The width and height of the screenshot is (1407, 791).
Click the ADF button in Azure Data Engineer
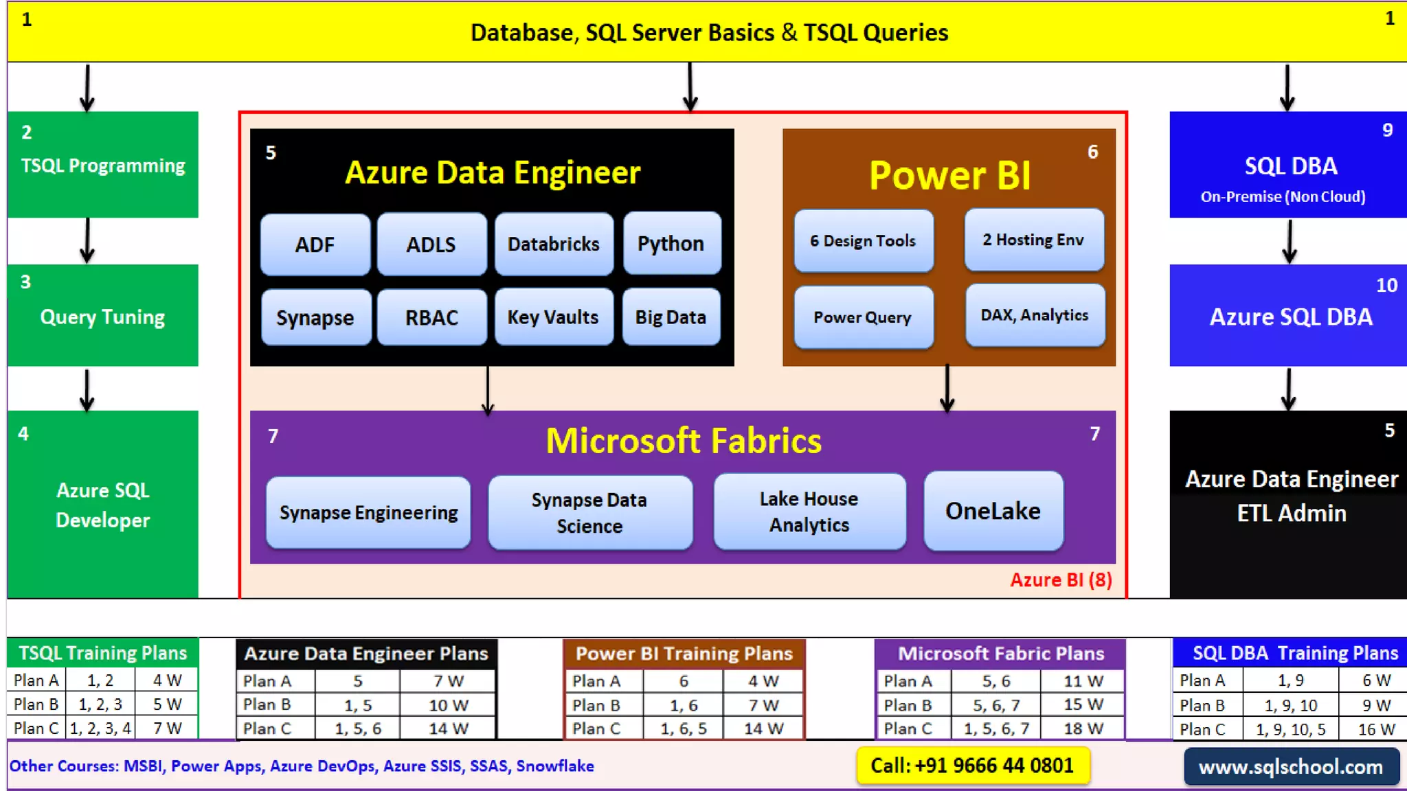[x=315, y=244]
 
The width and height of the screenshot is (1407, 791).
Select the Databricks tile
[x=553, y=244]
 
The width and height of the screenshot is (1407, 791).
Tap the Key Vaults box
[x=553, y=317]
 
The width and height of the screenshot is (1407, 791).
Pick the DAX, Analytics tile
[x=1035, y=315]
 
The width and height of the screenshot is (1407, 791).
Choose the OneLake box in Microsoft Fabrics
[x=993, y=511]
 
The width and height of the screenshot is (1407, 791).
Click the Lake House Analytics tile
[x=809, y=512]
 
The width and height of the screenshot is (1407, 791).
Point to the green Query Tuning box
[x=102, y=316]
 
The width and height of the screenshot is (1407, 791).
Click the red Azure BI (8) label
[x=1061, y=580]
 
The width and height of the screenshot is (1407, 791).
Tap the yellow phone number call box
[x=972, y=766]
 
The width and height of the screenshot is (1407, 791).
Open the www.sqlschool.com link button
[x=1291, y=767]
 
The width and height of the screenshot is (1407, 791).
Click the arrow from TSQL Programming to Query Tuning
[x=87, y=240]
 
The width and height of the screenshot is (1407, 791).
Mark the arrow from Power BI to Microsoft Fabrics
[x=947, y=389]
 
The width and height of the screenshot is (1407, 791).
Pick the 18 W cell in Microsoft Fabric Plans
[x=1083, y=729]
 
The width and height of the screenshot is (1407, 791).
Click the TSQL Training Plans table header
[x=102, y=653]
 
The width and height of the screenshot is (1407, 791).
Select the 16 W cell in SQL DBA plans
[x=1376, y=729]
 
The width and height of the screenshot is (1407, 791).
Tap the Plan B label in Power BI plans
[x=596, y=705]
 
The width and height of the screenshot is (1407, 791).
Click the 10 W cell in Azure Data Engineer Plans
[x=448, y=705]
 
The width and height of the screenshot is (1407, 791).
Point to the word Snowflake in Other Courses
[x=555, y=766]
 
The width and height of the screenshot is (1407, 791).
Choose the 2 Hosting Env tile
[x=1033, y=240]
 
